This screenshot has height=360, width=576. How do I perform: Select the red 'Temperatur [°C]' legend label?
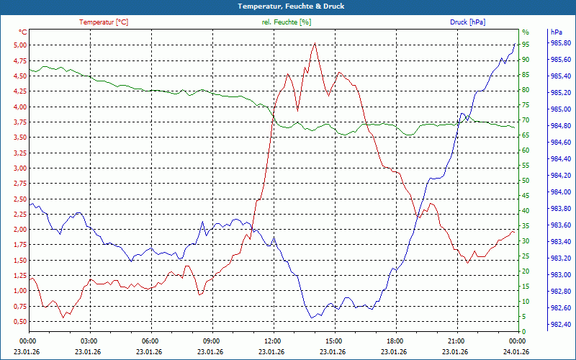click(x=104, y=22)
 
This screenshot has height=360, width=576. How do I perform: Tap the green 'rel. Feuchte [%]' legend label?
click(x=287, y=22)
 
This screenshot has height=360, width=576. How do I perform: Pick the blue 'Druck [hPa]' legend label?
click(x=467, y=22)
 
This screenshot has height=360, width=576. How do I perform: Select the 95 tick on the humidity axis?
click(x=526, y=45)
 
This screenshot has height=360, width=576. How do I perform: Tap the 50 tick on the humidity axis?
click(x=526, y=181)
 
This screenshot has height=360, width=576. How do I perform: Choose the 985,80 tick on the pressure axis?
click(x=561, y=43)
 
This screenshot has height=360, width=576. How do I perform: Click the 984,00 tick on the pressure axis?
click(x=561, y=192)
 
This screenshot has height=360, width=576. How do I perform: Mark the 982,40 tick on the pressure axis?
click(x=561, y=325)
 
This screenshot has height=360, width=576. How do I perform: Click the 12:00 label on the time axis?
click(x=272, y=340)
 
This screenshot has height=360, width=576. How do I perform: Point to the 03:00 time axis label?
click(x=89, y=340)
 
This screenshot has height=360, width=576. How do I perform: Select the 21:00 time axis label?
click(x=456, y=340)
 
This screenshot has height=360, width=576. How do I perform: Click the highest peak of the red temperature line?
click(x=315, y=43)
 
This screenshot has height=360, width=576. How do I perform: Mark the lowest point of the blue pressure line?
click(x=312, y=318)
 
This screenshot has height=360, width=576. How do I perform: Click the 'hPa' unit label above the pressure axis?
click(x=556, y=32)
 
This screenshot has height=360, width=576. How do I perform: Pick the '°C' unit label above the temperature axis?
click(x=23, y=32)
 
